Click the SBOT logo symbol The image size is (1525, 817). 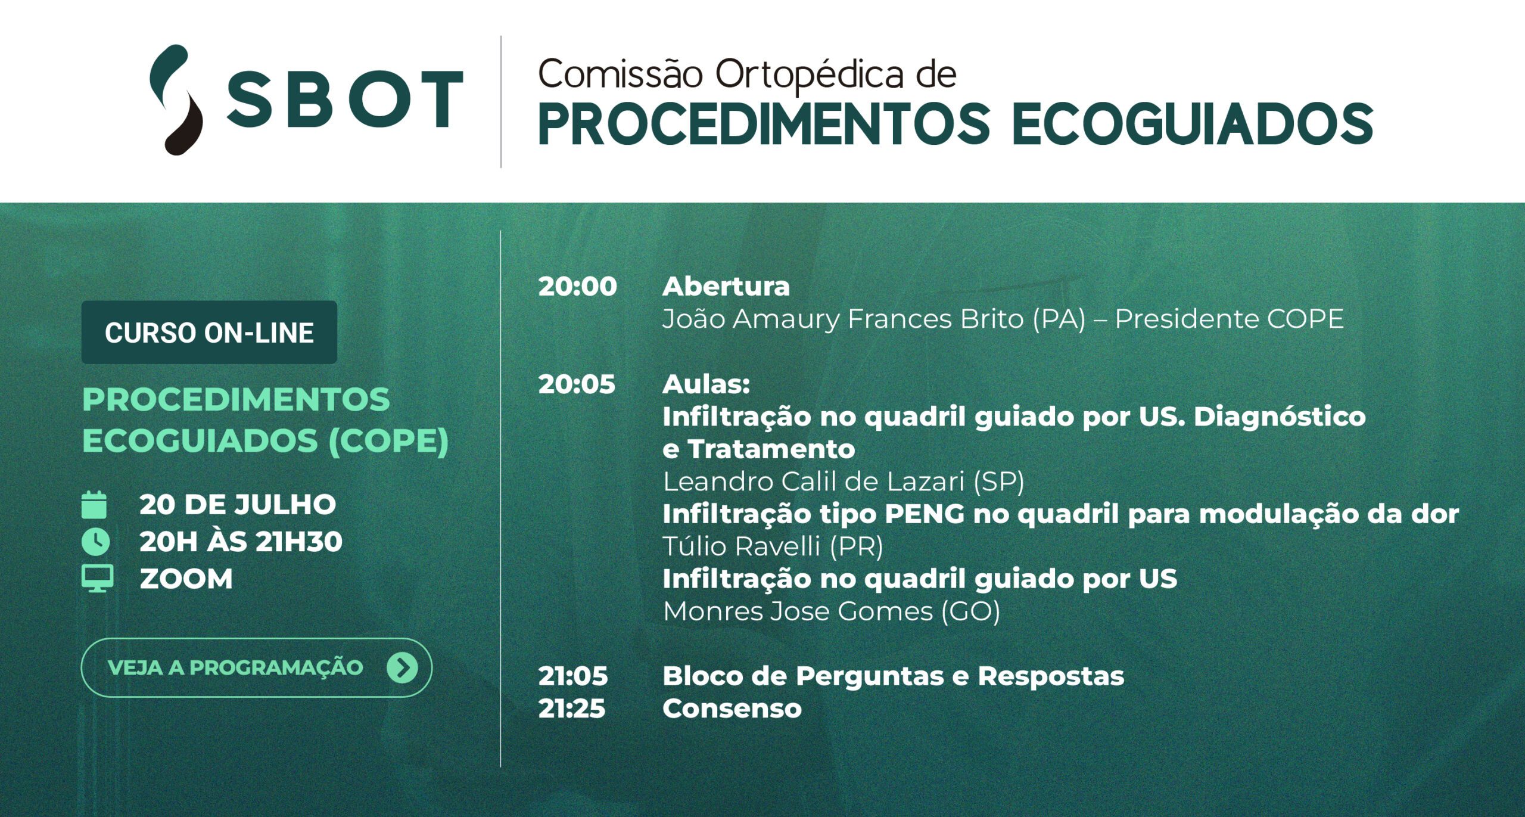tap(177, 100)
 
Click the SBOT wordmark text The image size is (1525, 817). tap(345, 100)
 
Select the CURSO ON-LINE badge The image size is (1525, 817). tap(209, 333)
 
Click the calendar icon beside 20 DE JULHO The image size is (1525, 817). tap(94, 505)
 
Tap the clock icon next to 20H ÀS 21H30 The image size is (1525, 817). tap(95, 542)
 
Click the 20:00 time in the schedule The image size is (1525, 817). tap(577, 287)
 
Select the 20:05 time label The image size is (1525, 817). tap(576, 384)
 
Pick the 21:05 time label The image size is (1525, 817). tap(572, 676)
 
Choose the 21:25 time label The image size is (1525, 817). tap(571, 709)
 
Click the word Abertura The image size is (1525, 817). tap(726, 287)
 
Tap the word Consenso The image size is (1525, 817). tap(732, 709)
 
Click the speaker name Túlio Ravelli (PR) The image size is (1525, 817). tap(773, 546)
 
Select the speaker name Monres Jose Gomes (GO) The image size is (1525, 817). tap(832, 611)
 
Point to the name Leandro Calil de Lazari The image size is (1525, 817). tap(813, 481)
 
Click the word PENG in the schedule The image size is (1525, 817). tap(925, 514)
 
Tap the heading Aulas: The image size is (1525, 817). tap(706, 384)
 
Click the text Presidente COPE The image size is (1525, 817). tap(1230, 319)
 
